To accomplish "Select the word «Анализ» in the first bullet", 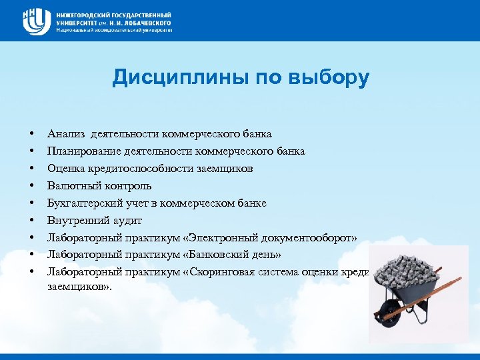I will point(66,134).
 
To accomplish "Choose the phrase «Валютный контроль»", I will point(99,185).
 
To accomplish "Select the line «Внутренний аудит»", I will point(95,220).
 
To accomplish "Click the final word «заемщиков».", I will point(78,287).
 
